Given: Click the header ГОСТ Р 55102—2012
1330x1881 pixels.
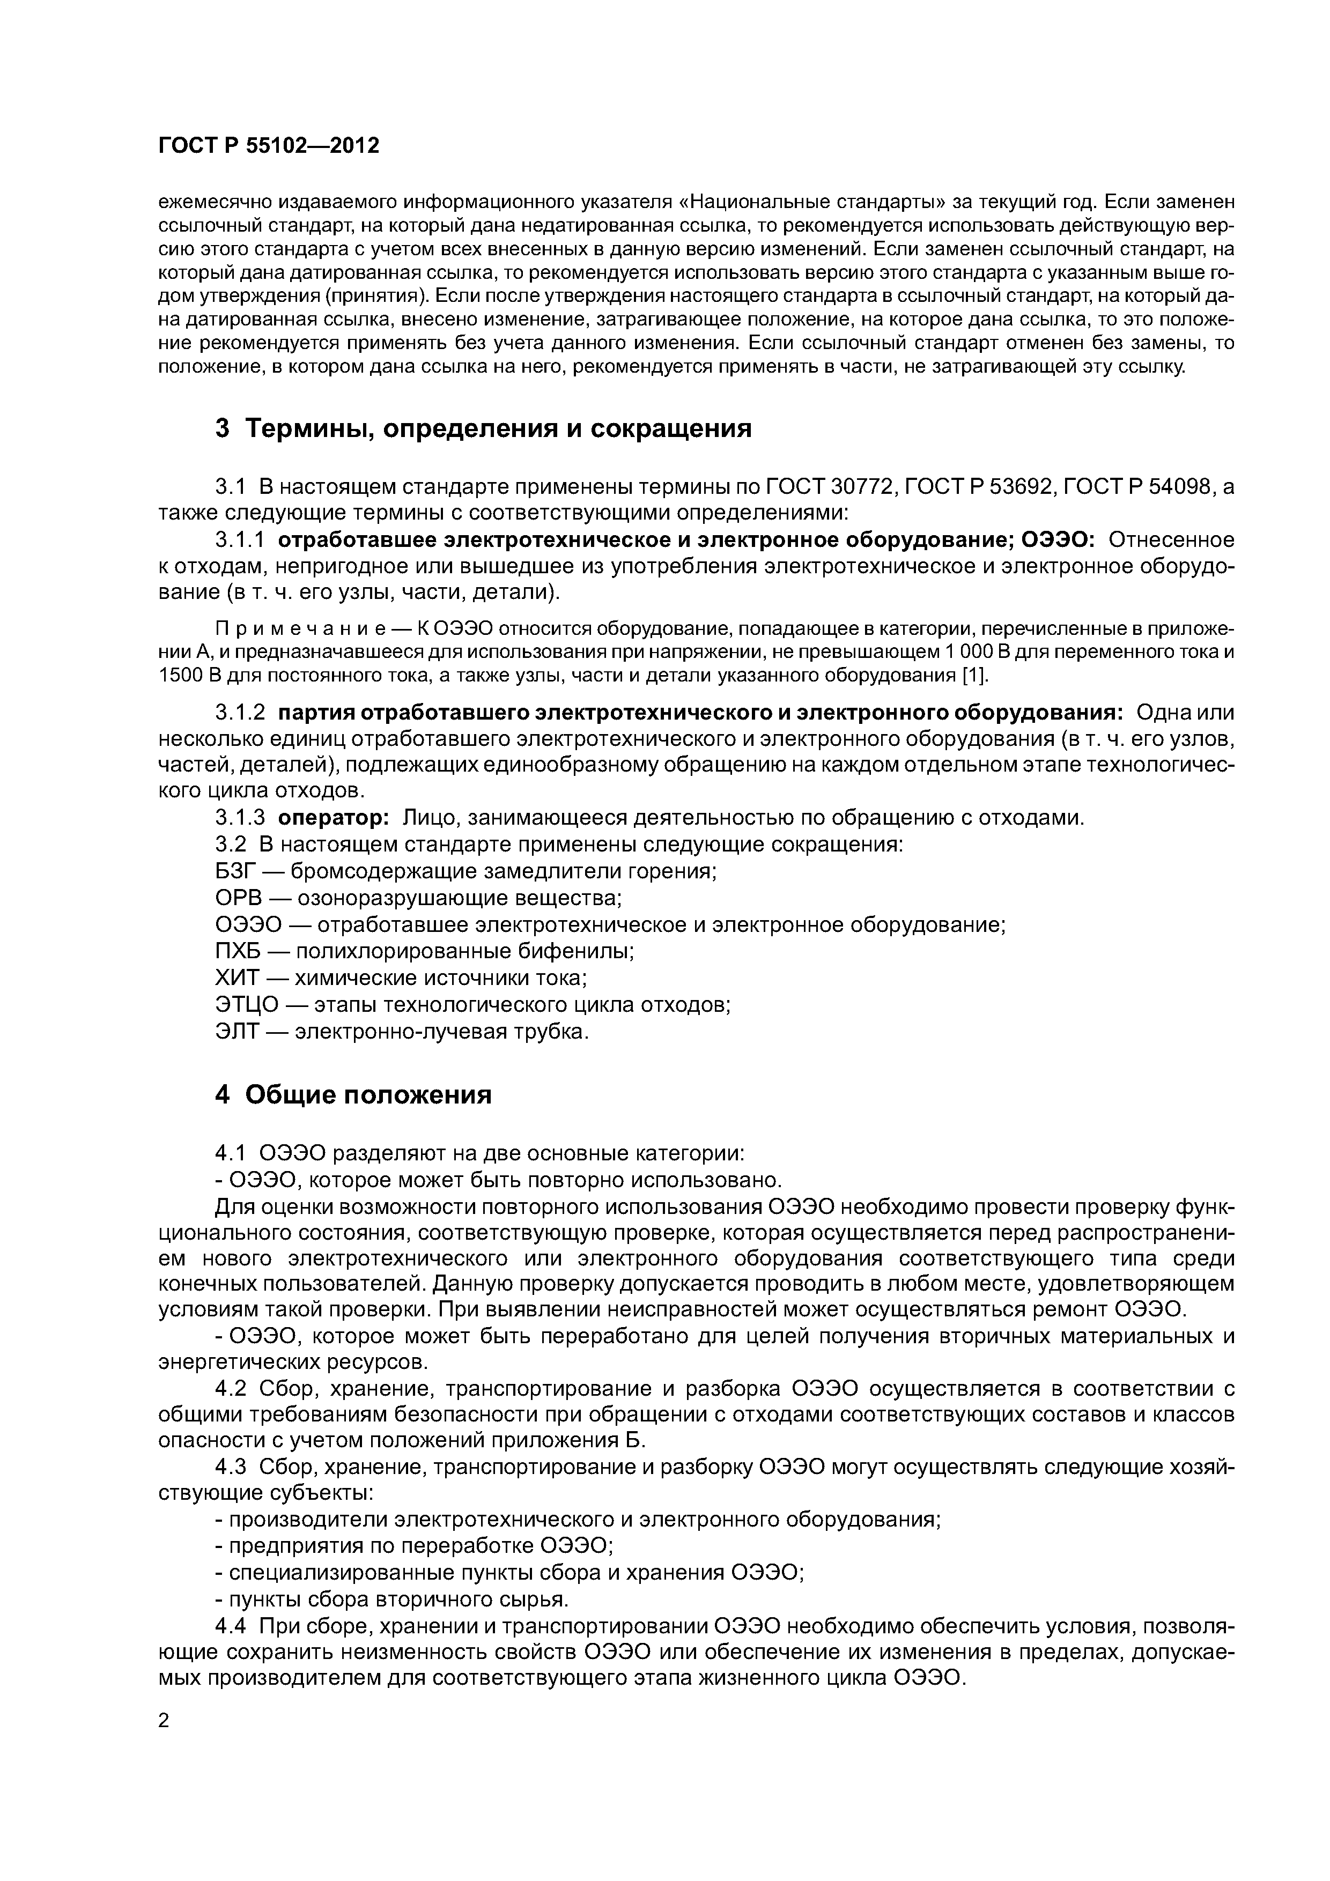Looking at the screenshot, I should [x=269, y=146].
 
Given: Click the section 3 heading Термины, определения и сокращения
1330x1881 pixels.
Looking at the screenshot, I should [x=484, y=428].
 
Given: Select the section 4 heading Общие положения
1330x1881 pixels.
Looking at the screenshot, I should [x=353, y=1094].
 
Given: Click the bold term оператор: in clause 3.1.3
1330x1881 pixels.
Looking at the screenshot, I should [x=332, y=818].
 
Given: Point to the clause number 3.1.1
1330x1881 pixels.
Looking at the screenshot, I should [x=240, y=540].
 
